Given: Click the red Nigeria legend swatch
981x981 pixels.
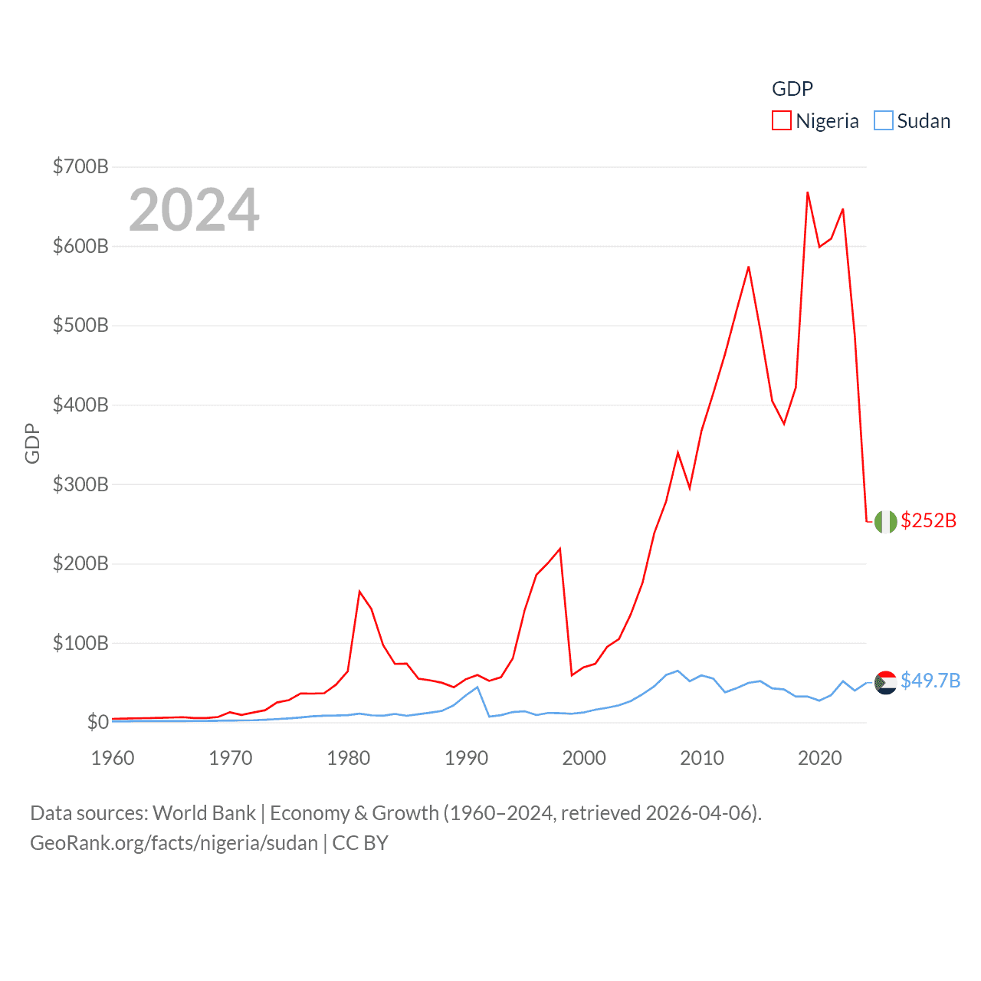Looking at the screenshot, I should pos(781,121).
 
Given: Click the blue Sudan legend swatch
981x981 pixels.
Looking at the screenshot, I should pos(883,121).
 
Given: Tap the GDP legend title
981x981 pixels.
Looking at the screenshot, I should pos(792,89).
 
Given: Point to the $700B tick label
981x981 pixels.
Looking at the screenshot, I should pos(80,166).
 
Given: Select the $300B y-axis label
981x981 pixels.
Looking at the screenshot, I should pos(80,484).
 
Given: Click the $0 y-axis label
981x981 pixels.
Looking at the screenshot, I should pos(97,722).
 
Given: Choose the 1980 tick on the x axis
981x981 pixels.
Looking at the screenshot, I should pos(348,758).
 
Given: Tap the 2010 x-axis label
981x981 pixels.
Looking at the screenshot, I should pos(701,758).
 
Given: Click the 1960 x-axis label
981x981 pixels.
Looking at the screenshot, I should pos(113,758).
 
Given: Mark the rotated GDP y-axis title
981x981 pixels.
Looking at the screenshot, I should pos(32,443).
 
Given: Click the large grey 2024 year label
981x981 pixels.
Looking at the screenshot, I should pos(194,210).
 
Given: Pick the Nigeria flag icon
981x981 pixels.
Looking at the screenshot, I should pos(885,521).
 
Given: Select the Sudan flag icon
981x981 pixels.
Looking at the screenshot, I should pos(885,682).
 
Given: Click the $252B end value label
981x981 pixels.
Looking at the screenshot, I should pos(928,520).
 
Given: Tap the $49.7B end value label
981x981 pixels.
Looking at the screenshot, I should pos(930,681).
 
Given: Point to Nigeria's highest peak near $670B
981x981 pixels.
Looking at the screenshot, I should pos(808,192).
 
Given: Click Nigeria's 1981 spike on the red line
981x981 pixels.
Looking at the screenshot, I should pos(359,592).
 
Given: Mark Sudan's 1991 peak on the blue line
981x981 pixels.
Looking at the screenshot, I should pos(477,687).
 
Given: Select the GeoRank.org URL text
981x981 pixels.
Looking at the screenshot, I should pos(174,843).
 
